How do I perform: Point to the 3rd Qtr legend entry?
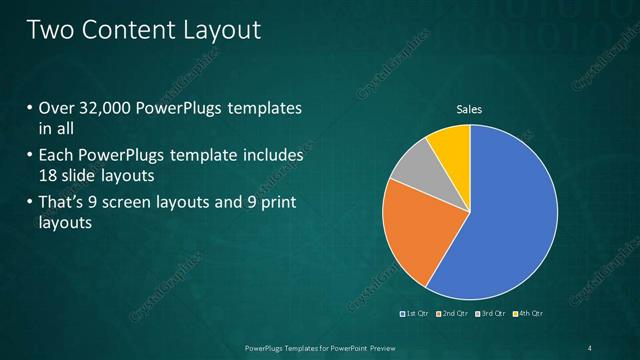click(x=491, y=314)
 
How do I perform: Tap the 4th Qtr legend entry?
click(x=529, y=314)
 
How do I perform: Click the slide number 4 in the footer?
click(x=591, y=347)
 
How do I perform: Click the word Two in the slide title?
click(x=50, y=30)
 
